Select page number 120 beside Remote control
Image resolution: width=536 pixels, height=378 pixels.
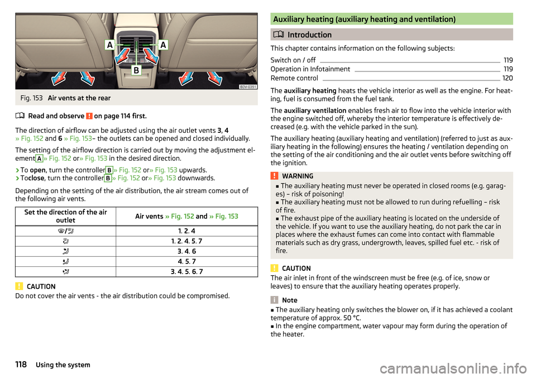coord(508,78)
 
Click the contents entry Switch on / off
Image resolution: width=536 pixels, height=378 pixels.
coord(293,60)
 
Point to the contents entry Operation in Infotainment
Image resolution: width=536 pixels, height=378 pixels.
coord(310,69)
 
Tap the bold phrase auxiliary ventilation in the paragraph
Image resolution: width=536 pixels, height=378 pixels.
coord(317,110)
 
